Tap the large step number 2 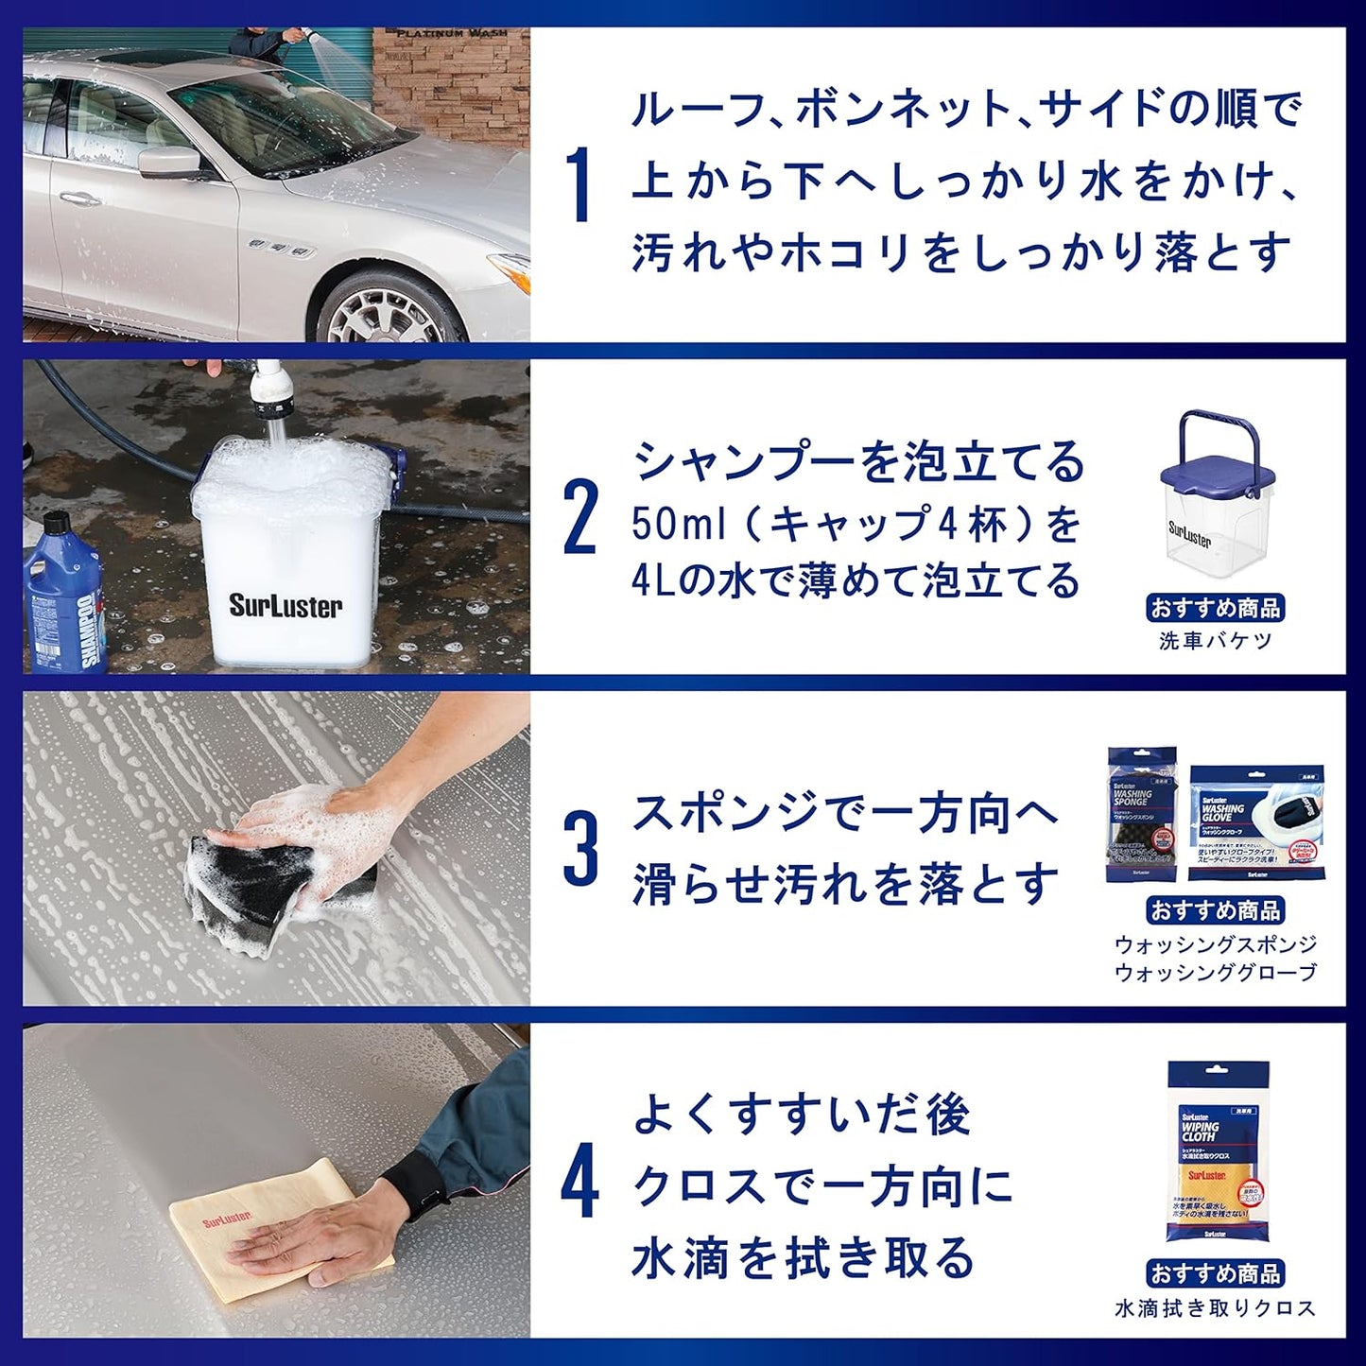click(579, 519)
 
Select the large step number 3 click(579, 850)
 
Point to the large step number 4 click(579, 1183)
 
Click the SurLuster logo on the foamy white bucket click(285, 606)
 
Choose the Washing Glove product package click(1256, 822)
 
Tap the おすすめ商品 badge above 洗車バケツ click(1215, 608)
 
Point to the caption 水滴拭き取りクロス click(1215, 1308)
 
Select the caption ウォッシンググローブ click(1215, 972)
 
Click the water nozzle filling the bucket click(268, 398)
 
